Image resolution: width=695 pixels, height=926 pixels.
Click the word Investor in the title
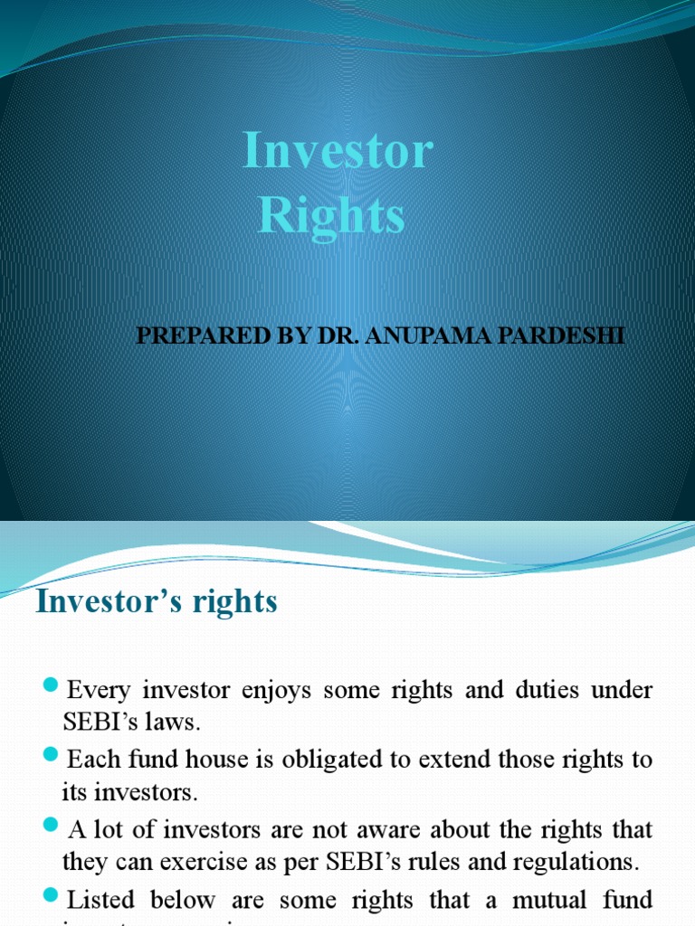[338, 151]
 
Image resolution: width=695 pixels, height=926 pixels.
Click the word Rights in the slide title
[331, 216]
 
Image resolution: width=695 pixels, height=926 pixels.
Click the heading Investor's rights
[157, 601]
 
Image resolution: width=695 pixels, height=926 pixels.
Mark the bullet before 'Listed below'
[51, 895]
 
